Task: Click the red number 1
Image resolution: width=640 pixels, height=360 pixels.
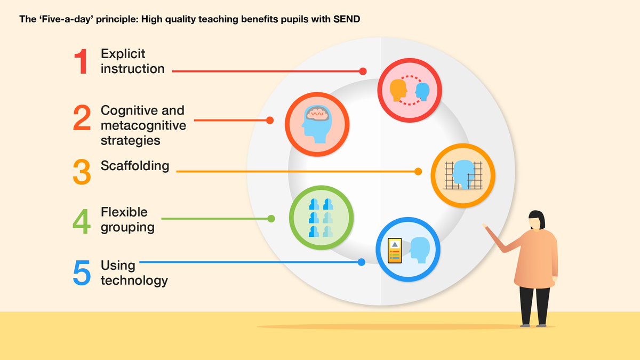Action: (81, 61)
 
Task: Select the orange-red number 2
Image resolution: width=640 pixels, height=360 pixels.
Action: (82, 118)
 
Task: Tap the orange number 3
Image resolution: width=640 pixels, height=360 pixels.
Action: (82, 172)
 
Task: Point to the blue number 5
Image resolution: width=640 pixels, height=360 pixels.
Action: (82, 273)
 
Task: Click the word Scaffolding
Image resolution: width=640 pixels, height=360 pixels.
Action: (135, 166)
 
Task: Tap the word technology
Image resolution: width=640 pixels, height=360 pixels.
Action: (134, 280)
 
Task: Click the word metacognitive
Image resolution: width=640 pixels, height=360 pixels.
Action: (143, 125)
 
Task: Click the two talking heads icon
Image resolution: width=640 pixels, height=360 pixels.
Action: (410, 90)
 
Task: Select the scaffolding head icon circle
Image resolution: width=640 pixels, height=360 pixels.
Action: (462, 175)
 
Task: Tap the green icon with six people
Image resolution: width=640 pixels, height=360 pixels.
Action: (321, 218)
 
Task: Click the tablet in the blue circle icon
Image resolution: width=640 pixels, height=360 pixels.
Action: (394, 251)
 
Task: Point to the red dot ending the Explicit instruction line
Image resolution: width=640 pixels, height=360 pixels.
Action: (363, 71)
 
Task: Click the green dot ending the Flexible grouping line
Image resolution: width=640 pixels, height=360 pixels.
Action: (271, 219)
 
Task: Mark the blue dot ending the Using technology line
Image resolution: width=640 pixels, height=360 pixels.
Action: (362, 262)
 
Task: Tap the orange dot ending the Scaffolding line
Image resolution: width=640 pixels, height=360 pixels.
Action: (418, 172)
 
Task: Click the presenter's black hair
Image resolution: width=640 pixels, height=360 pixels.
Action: (537, 219)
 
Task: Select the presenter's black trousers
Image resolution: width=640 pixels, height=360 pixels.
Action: (535, 304)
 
